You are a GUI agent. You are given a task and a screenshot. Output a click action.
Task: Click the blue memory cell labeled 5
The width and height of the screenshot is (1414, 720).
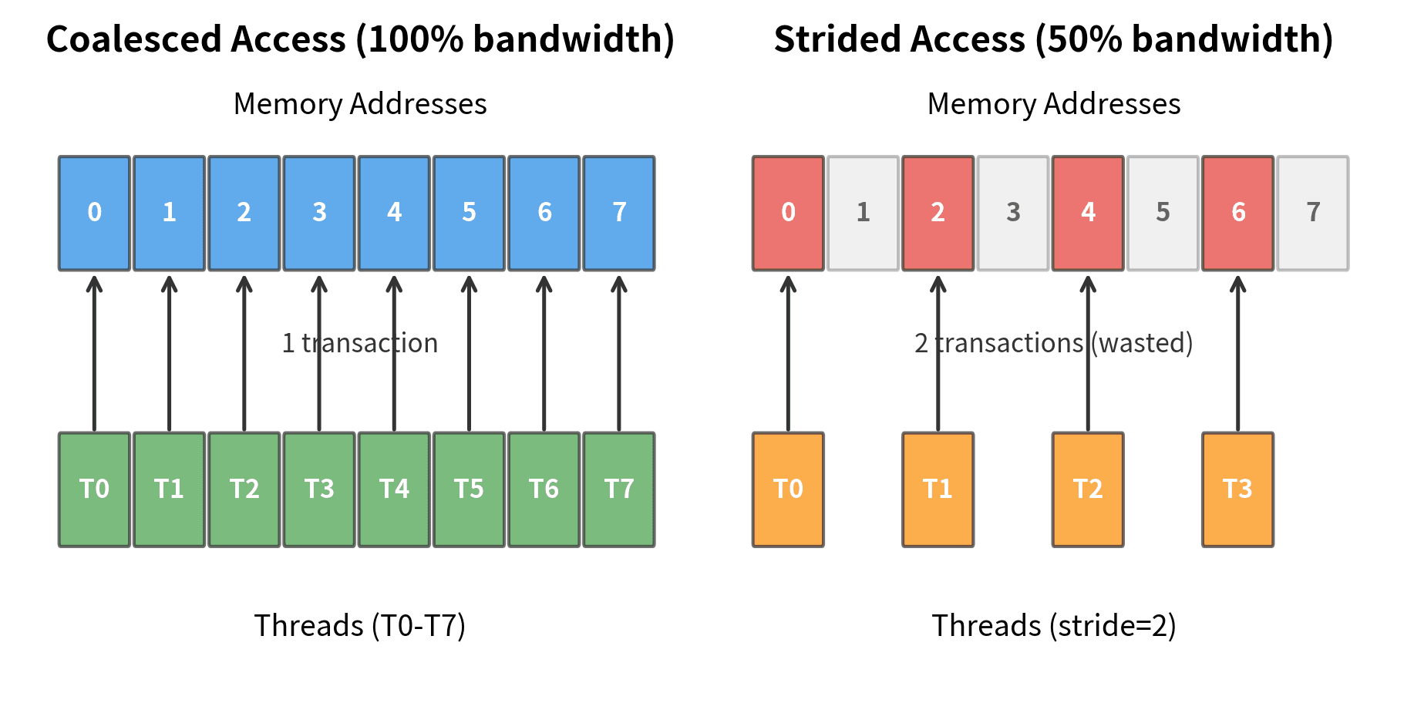pyautogui.click(x=469, y=214)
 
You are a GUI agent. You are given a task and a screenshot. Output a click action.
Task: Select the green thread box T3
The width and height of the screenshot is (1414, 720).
pyautogui.click(x=319, y=490)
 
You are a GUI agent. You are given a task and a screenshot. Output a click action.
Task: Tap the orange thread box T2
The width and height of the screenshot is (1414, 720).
pyautogui.click(x=1088, y=490)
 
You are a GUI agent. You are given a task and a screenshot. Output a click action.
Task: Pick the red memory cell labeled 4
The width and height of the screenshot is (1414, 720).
pyautogui.click(x=1088, y=214)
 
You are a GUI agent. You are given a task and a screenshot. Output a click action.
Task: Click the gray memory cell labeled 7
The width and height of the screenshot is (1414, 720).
pyautogui.click(x=1313, y=214)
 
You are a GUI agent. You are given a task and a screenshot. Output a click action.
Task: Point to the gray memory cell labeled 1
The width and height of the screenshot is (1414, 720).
pyautogui.click(x=863, y=214)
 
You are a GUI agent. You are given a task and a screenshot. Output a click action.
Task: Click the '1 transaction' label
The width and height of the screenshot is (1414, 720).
pyautogui.click(x=360, y=343)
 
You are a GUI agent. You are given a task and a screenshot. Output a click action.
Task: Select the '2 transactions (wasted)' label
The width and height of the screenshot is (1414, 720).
pyautogui.click(x=1053, y=343)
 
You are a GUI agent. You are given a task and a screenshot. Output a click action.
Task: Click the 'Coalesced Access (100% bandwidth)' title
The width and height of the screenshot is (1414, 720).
pyautogui.click(x=360, y=39)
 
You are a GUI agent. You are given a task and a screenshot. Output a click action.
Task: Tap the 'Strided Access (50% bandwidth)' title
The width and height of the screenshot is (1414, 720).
pyautogui.click(x=1053, y=39)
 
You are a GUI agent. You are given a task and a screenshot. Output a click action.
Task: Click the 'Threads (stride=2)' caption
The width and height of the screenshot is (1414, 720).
pyautogui.click(x=1053, y=625)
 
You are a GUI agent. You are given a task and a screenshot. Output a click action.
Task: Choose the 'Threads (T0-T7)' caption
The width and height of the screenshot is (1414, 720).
pyautogui.click(x=360, y=625)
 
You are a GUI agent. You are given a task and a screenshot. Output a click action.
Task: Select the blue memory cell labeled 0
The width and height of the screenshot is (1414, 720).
pyautogui.click(x=94, y=214)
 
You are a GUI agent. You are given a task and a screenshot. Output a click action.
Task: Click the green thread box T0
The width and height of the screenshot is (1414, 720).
pyautogui.click(x=94, y=490)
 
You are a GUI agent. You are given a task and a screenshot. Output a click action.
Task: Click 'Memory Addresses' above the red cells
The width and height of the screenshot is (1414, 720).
pyautogui.click(x=1053, y=104)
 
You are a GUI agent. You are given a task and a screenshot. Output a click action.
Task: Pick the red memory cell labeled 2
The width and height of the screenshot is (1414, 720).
pyautogui.click(x=938, y=214)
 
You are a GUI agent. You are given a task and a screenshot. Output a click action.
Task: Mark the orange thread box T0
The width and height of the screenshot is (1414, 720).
pyautogui.click(x=788, y=490)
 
